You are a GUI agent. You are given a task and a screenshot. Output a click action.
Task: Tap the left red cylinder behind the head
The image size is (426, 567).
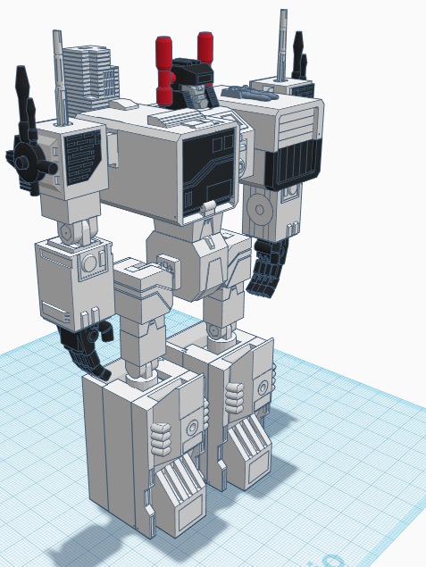pyautogui.click(x=165, y=70)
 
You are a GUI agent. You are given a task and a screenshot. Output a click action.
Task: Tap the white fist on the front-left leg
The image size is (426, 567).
pyautogui.click(x=161, y=438)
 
